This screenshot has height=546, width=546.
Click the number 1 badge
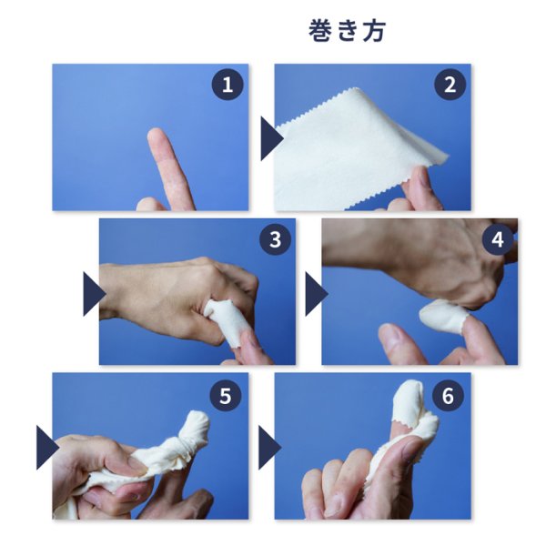tap(227, 86)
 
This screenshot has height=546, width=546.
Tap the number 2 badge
tap(450, 86)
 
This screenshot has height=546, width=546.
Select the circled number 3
tap(275, 240)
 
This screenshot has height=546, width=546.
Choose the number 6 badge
tap(449, 396)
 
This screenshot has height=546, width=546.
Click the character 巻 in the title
tap(319, 30)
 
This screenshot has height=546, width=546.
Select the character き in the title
tap(347, 30)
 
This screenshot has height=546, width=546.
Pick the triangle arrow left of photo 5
tap(46, 448)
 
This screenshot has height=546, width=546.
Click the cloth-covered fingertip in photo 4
tap(443, 315)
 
